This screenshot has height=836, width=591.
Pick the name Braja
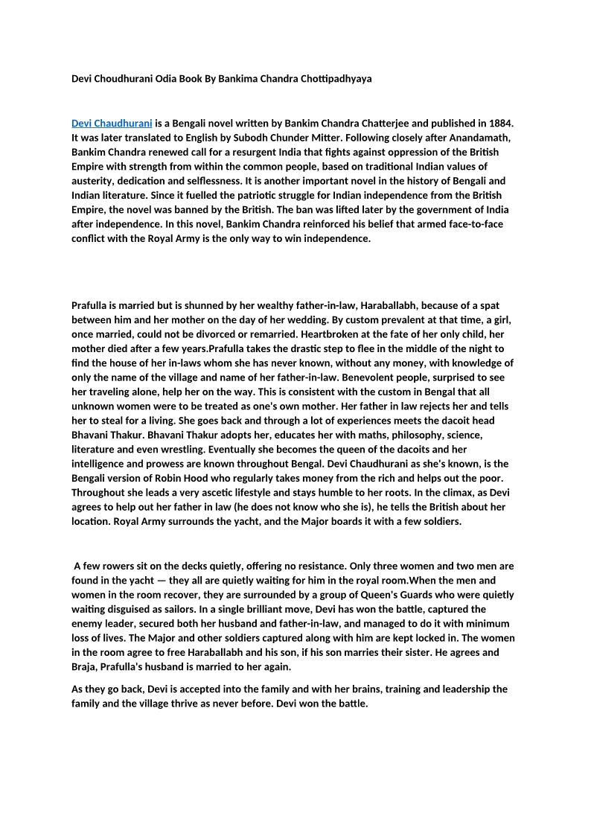click(85, 667)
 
